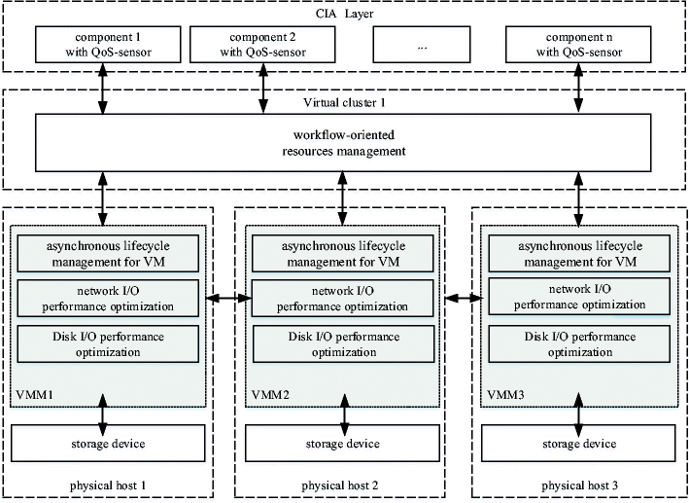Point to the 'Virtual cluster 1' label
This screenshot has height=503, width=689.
click(x=344, y=102)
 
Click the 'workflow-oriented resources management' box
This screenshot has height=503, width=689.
click(x=343, y=144)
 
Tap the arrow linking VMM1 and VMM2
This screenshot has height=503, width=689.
click(x=225, y=297)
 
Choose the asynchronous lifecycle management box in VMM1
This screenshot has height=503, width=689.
click(x=106, y=253)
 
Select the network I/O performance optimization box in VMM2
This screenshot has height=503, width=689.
click(x=343, y=298)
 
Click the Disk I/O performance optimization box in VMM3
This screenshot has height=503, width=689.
click(x=580, y=342)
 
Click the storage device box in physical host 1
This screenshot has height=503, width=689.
click(x=106, y=444)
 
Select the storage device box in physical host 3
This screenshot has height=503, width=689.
click(x=580, y=444)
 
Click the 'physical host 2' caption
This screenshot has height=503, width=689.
click(x=343, y=484)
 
